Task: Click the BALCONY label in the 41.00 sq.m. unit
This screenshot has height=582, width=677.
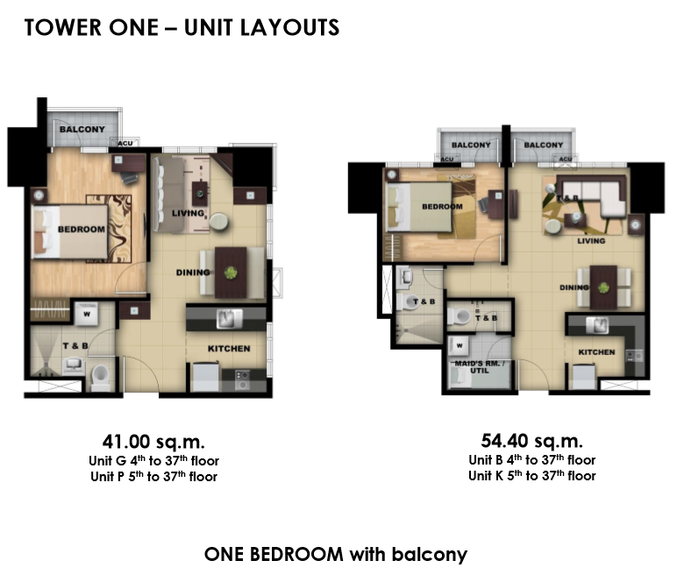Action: pos(82,130)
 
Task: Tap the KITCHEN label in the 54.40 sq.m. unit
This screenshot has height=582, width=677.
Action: pos(596,352)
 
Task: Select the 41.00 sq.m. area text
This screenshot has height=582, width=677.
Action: pos(153,442)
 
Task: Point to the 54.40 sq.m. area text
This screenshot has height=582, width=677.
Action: pos(532,441)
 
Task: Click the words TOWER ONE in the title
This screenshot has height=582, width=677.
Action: pos(91,28)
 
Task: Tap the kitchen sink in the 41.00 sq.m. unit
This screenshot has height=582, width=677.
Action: pos(229,319)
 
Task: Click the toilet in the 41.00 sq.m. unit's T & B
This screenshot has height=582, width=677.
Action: pos(101,377)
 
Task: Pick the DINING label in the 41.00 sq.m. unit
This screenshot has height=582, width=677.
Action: pos(193,273)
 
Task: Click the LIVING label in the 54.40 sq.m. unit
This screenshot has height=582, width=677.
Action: pos(591,241)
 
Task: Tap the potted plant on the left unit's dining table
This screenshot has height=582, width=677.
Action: pos(231,273)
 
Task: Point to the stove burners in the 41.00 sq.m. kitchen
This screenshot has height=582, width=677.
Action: pos(242,380)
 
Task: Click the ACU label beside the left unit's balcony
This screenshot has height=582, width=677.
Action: pos(125,143)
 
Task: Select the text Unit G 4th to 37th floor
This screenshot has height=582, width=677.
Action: pos(153,461)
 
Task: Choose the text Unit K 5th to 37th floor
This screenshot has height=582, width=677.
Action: pos(532,475)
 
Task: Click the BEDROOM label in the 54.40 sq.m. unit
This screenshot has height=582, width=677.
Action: pos(442,207)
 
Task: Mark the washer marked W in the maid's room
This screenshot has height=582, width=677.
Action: pos(459,345)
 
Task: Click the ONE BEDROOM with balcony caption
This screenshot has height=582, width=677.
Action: pos(336,554)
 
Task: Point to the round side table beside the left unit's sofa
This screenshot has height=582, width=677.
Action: pos(219,222)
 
